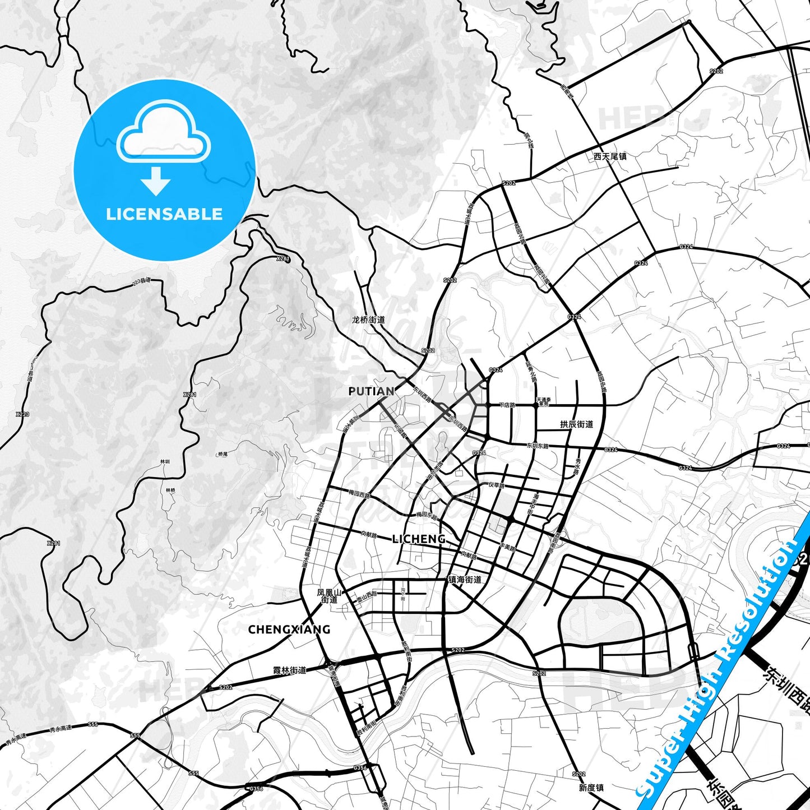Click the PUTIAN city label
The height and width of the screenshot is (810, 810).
click(x=371, y=391)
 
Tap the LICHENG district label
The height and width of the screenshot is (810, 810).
click(x=419, y=539)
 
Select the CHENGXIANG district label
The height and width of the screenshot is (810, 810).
click(x=289, y=630)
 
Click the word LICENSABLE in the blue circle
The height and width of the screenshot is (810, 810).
click(x=164, y=214)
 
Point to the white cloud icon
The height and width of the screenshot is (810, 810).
click(x=163, y=132)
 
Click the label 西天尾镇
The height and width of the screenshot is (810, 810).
click(x=610, y=156)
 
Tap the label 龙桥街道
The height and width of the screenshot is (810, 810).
click(x=368, y=320)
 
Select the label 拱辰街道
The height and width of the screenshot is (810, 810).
click(x=576, y=424)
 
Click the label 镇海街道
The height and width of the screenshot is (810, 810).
click(x=465, y=580)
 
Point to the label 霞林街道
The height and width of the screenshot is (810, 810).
click(x=289, y=670)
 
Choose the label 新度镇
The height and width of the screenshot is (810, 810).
click(x=591, y=788)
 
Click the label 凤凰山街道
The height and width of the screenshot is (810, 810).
click(x=329, y=596)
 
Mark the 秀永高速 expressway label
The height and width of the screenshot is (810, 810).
click(x=61, y=728)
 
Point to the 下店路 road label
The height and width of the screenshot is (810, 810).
click(x=507, y=405)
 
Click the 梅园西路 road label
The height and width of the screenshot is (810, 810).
click(x=359, y=495)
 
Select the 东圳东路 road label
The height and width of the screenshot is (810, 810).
click(x=538, y=446)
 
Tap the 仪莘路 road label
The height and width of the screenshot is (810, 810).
click(x=496, y=485)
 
